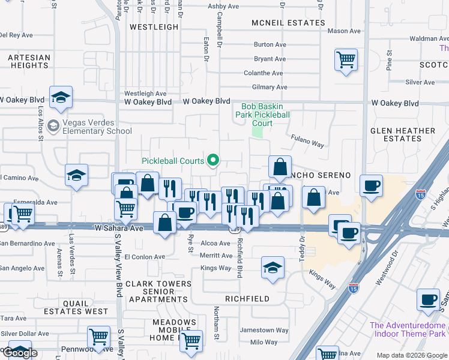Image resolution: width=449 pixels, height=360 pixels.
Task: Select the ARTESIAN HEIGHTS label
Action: coord(29,62)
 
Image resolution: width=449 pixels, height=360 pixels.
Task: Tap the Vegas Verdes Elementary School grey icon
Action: coord(53,125)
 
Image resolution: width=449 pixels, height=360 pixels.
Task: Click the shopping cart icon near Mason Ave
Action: coord(346,59)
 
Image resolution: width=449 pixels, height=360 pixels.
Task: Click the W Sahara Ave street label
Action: coord(119,228)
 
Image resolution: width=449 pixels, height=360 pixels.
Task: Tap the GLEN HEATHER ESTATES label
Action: coord(403,134)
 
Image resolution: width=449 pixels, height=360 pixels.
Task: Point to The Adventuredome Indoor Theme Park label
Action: coord(408,329)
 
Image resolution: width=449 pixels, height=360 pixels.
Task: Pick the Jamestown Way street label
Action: coord(264,330)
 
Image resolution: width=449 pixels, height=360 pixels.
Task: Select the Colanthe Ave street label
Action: coord(263,73)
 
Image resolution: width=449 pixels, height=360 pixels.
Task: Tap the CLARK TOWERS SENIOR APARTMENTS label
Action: coord(158,291)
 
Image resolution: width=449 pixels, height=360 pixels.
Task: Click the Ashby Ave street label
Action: coord(224,6)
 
